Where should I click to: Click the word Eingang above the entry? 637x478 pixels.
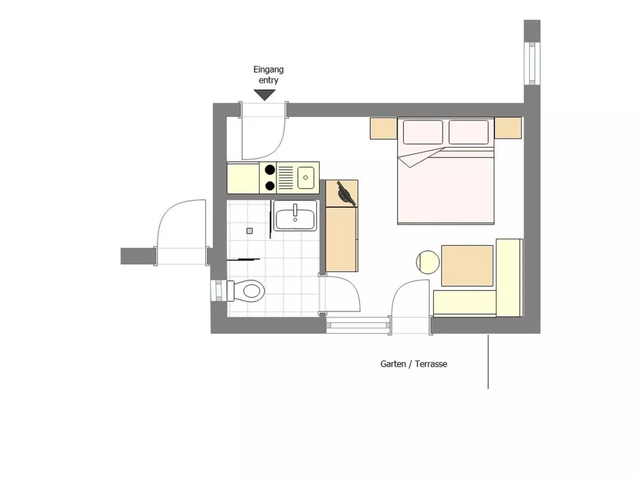(268, 70)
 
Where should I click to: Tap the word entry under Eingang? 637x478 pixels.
(268, 80)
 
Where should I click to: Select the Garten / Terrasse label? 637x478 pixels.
(414, 364)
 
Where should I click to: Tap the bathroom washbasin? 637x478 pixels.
(295, 219)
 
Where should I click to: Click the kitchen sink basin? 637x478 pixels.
(306, 177)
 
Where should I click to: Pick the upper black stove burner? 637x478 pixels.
(270, 169)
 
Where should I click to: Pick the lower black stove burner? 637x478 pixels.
(270, 186)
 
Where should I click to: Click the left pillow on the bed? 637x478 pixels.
(423, 132)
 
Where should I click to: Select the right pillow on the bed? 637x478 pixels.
(468, 132)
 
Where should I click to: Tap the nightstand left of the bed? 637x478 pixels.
(383, 129)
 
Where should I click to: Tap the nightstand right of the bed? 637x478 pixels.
(508, 127)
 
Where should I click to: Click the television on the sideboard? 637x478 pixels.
(346, 193)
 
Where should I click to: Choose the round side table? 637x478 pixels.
(427, 262)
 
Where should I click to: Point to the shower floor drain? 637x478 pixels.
(249, 231)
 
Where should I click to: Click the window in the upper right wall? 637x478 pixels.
(532, 64)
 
